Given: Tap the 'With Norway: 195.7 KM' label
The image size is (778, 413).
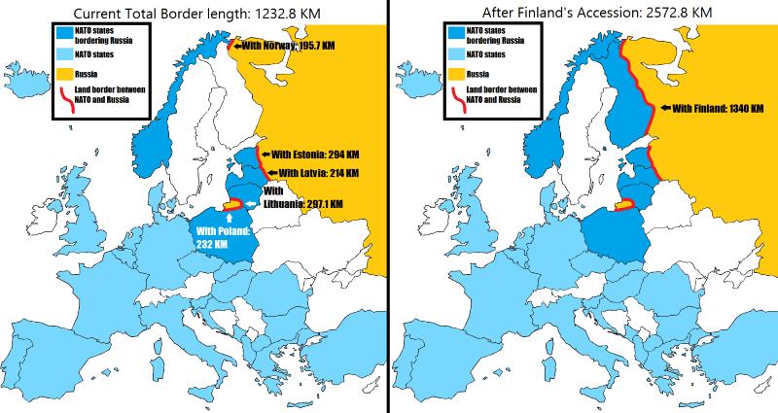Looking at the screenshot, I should point(287,47).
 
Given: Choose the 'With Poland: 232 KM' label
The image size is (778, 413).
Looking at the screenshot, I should point(225,237).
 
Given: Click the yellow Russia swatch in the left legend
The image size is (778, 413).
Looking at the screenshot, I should point(65,73).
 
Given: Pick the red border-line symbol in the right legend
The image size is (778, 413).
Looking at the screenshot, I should point(458,98).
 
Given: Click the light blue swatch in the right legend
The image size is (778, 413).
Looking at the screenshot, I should point(458,54).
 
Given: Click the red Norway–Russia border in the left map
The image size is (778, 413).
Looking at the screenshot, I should point(230,45).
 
